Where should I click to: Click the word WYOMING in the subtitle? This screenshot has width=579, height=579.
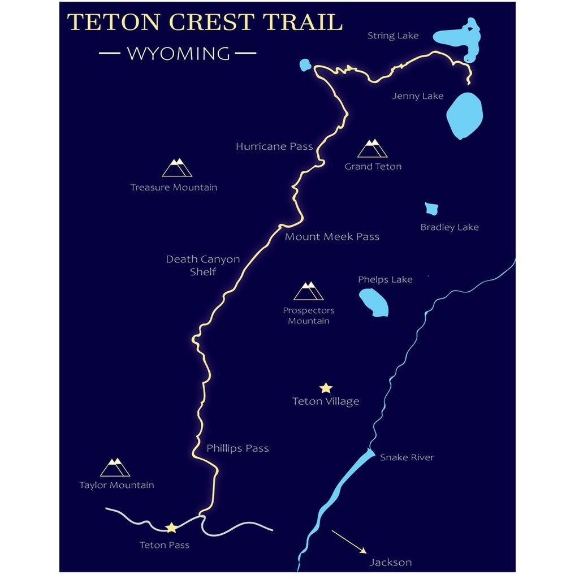coord(178,54)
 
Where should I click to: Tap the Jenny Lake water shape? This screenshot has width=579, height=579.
coord(465,115)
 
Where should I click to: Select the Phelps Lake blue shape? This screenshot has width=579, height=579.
coord(374,303)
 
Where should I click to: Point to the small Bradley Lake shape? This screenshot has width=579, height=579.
coord(431,209)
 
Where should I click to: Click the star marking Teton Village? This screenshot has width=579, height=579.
coord(326,388)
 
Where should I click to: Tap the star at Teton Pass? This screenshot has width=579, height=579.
coord(171,528)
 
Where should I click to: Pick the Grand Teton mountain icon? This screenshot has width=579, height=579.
coord(372,149)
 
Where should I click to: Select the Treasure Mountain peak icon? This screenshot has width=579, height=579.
coord(177,168)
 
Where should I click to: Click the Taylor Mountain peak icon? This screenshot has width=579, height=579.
coord(115,468)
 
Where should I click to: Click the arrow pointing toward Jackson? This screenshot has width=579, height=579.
coord(349,541)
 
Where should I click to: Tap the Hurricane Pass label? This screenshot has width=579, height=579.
coord(274,146)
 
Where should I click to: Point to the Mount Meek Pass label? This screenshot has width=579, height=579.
coord(332,236)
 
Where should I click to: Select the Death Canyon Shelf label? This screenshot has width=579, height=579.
coord(202,265)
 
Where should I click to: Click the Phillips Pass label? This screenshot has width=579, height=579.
coord(237,448)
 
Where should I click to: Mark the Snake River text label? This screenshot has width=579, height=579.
coord(407,457)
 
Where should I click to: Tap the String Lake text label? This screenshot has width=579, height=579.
coord(393,36)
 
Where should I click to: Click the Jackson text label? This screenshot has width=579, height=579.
coord(390,562)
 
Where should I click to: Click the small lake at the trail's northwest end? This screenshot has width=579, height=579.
coord(305,65)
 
